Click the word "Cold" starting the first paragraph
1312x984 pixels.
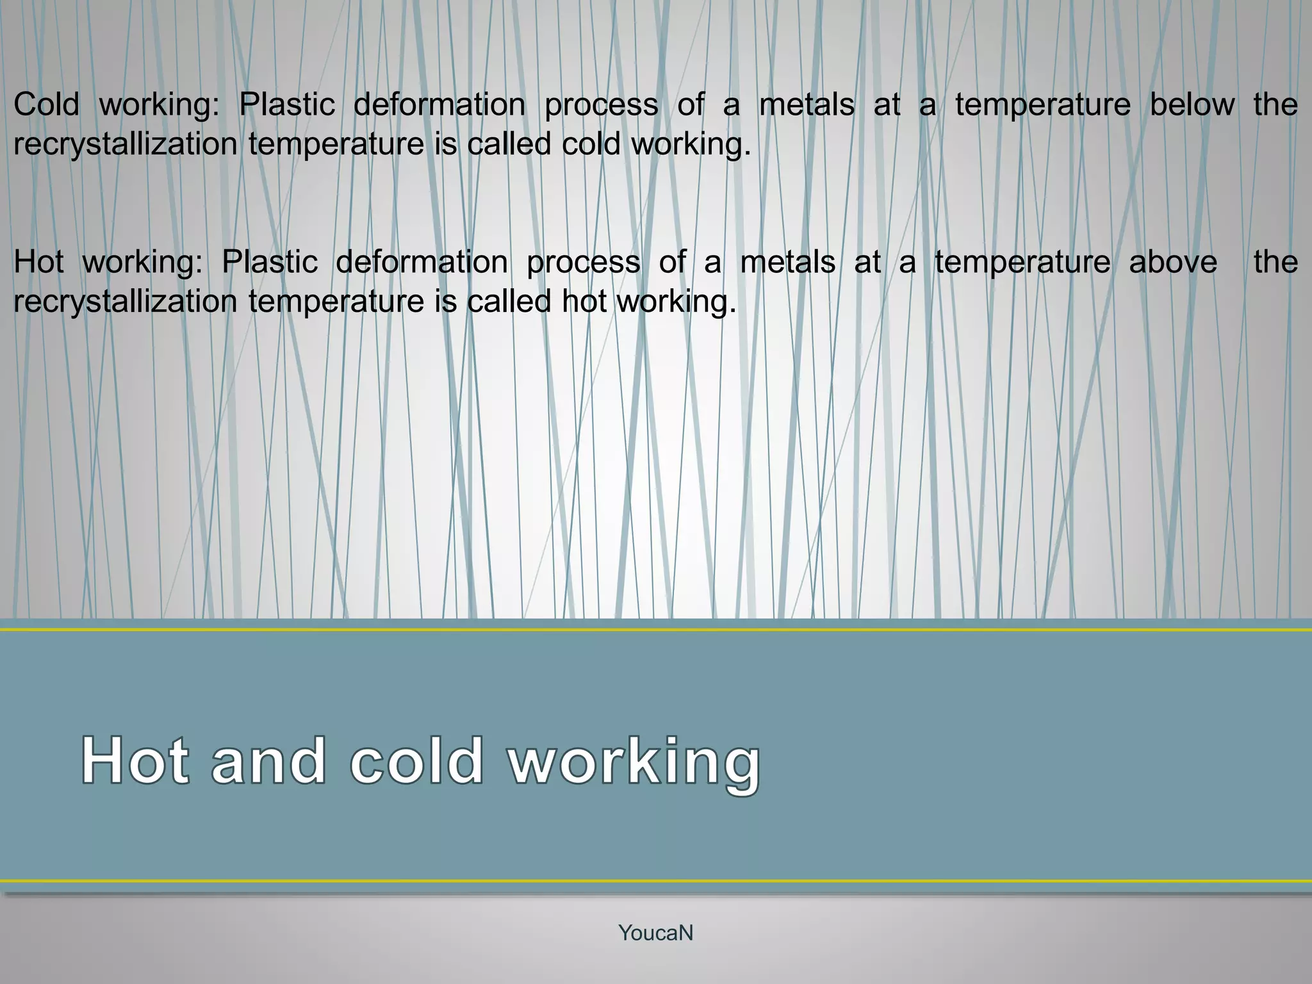pyautogui.click(x=46, y=104)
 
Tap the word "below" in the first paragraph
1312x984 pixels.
pyautogui.click(x=1192, y=104)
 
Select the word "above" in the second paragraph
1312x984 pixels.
pyautogui.click(x=1173, y=262)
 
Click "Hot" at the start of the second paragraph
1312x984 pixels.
pyautogui.click(x=38, y=262)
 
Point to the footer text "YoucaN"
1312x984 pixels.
pyautogui.click(x=655, y=933)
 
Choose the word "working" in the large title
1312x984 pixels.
pyautogui.click(x=634, y=762)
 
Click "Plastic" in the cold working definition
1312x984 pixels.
pyautogui.click(x=287, y=104)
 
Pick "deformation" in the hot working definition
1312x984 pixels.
pyautogui.click(x=422, y=262)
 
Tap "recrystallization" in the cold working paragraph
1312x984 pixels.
pyautogui.click(x=126, y=144)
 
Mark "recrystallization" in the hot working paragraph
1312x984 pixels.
pyautogui.click(x=126, y=302)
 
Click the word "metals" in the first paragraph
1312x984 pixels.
pyautogui.click(x=807, y=104)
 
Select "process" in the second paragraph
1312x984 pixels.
pyautogui.click(x=584, y=262)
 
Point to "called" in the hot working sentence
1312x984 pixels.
pyautogui.click(x=509, y=302)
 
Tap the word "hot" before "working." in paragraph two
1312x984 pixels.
pyautogui.click(x=584, y=302)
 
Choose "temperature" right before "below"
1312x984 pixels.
pyautogui.click(x=1043, y=104)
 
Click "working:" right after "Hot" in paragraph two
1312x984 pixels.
pyautogui.click(x=142, y=262)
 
